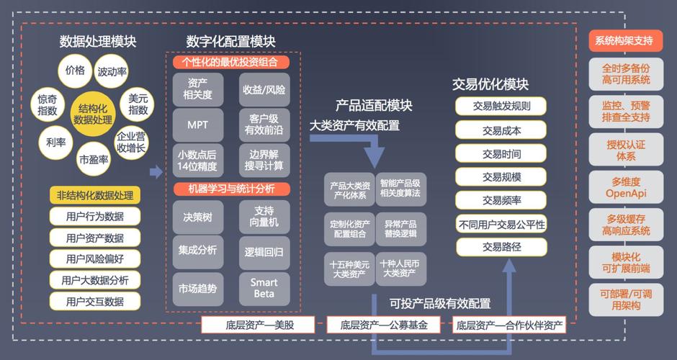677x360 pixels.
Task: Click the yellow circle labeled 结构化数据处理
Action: tap(93, 114)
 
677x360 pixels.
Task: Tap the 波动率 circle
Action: tap(112, 71)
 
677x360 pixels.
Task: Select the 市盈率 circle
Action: tap(93, 159)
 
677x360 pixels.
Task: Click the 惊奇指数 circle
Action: tap(48, 105)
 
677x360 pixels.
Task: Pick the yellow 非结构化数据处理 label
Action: tap(95, 195)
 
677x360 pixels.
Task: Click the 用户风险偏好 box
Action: tap(95, 258)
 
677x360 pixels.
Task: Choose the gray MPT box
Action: tap(198, 125)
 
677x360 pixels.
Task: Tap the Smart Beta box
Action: tap(264, 288)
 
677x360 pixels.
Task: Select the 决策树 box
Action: tap(198, 217)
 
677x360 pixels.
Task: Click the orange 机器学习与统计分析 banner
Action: tap(231, 189)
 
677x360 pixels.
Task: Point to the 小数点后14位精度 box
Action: tap(198, 160)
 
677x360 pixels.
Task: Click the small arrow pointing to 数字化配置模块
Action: tap(156, 172)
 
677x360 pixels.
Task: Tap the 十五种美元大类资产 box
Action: tap(349, 269)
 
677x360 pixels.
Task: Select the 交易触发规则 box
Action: tap(501, 106)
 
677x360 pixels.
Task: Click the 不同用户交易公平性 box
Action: tap(501, 224)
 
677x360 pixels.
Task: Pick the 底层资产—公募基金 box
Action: tap(384, 325)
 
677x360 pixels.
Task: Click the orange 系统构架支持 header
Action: tap(626, 41)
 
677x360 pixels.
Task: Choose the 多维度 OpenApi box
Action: tap(626, 187)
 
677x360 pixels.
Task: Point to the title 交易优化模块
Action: tap(490, 84)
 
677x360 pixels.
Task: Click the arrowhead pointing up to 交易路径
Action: tap(509, 266)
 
